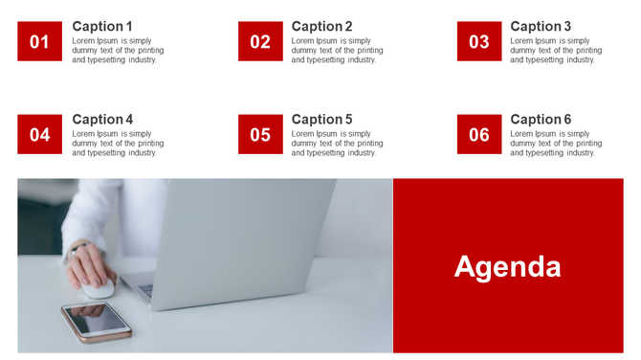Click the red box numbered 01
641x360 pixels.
(x=39, y=41)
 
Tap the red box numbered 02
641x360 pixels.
(x=260, y=41)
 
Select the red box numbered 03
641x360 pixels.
(x=479, y=41)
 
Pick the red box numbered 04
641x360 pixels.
(x=39, y=134)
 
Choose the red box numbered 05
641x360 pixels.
(x=260, y=134)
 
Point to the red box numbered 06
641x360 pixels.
(x=479, y=134)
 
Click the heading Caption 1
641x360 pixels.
(x=102, y=26)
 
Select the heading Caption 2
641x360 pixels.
(x=321, y=26)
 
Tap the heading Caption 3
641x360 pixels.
(x=541, y=26)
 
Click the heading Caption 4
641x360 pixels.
(x=102, y=119)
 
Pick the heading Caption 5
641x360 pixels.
(x=321, y=119)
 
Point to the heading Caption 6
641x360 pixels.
(x=541, y=119)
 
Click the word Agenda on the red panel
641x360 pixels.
(x=507, y=266)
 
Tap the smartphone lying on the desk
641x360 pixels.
(x=97, y=321)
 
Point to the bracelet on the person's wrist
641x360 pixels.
(x=77, y=252)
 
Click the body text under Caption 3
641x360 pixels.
(x=556, y=51)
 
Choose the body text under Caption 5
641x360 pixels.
(x=337, y=144)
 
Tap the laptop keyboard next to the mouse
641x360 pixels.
(x=146, y=289)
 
